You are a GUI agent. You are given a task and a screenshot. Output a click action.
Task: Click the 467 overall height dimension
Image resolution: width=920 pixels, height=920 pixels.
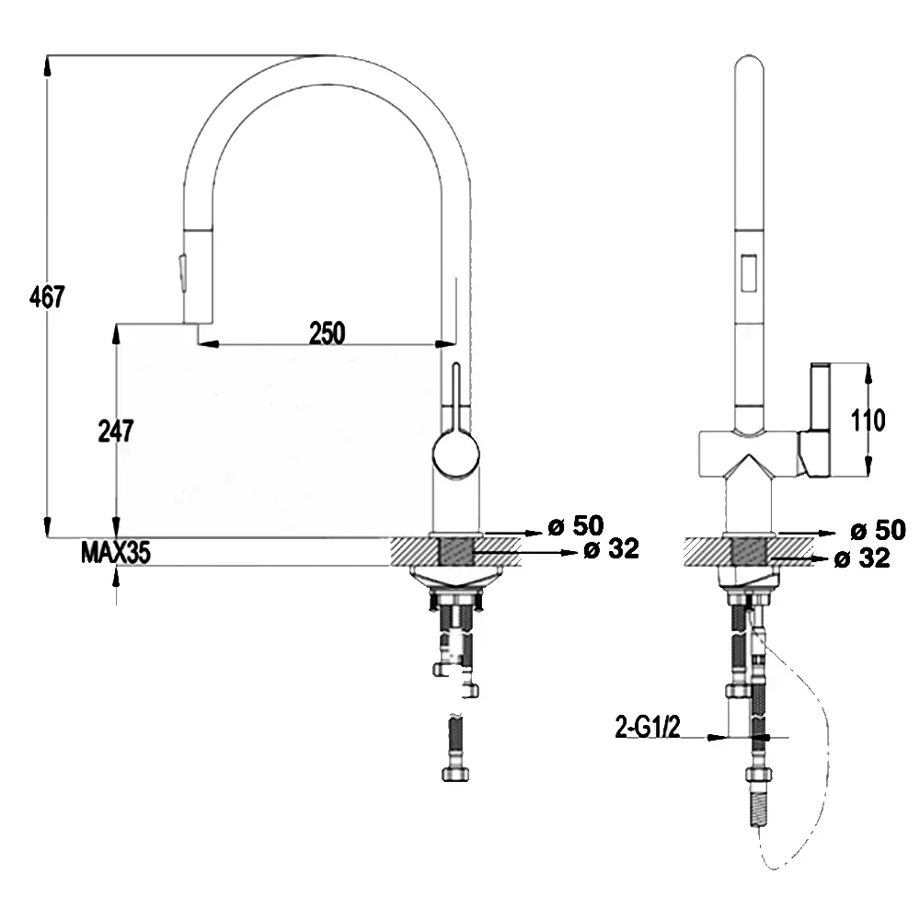click(46, 297)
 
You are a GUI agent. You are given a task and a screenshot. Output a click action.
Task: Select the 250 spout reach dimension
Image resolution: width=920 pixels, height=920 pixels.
click(328, 333)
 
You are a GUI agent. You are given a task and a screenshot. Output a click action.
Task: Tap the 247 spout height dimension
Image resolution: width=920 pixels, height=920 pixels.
click(116, 431)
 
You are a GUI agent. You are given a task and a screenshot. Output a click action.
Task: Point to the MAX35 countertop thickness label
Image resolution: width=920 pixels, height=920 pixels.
click(116, 553)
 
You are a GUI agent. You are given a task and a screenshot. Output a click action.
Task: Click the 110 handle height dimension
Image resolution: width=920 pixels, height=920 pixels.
click(868, 420)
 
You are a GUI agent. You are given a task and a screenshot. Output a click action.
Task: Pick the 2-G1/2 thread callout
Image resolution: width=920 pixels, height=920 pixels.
click(648, 727)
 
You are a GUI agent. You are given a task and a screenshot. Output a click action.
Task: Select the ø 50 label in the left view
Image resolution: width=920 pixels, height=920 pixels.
click(576, 525)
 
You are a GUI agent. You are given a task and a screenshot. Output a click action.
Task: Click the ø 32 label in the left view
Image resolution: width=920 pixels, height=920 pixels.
click(612, 549)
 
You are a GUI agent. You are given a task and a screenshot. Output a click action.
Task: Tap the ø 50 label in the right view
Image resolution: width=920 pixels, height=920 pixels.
click(879, 531)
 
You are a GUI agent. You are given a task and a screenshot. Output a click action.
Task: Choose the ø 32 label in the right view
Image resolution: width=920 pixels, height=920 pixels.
click(862, 558)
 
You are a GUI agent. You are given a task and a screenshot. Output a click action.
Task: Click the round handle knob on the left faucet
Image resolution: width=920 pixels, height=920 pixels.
click(456, 454)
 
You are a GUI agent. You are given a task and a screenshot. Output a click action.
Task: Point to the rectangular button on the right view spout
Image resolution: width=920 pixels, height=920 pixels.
click(748, 272)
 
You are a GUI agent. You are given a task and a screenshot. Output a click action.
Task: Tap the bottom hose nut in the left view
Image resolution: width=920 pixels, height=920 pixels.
click(455, 775)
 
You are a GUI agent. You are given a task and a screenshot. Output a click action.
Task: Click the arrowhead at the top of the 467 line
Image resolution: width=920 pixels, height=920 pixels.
click(47, 65)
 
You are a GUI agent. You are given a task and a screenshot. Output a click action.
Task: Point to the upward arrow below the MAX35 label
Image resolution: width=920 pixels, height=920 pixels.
click(116, 579)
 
